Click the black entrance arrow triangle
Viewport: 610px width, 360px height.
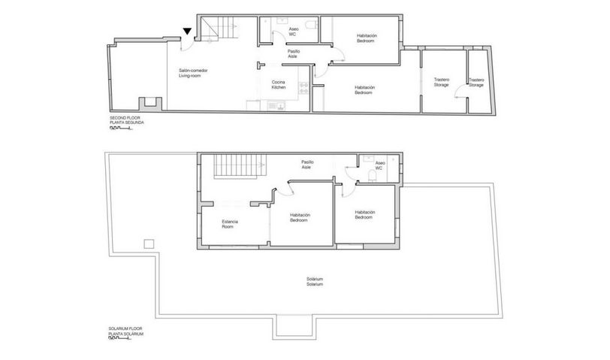(x=188, y=31)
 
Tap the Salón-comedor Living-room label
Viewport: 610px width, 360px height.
(x=193, y=73)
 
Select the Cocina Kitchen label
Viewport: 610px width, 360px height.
(x=279, y=84)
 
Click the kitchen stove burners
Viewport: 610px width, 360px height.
(x=303, y=88)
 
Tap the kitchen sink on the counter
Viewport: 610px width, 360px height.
(x=276, y=105)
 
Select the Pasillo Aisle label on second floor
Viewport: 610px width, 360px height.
(x=293, y=53)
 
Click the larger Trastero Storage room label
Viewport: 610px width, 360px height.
(x=442, y=82)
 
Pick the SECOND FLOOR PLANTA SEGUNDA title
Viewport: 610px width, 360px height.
(x=127, y=119)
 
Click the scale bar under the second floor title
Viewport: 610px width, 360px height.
(x=121, y=128)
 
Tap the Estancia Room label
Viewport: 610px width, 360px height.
(x=230, y=224)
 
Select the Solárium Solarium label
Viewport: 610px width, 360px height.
(x=315, y=281)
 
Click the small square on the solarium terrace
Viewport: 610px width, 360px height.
(x=149, y=244)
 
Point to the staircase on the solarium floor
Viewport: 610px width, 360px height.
(x=239, y=166)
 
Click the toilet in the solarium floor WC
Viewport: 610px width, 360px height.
(x=373, y=176)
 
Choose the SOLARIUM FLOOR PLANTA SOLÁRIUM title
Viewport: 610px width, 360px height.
(x=126, y=331)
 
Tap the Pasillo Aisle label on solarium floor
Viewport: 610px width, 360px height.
(x=307, y=165)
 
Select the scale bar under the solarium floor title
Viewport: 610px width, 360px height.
(x=120, y=339)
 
